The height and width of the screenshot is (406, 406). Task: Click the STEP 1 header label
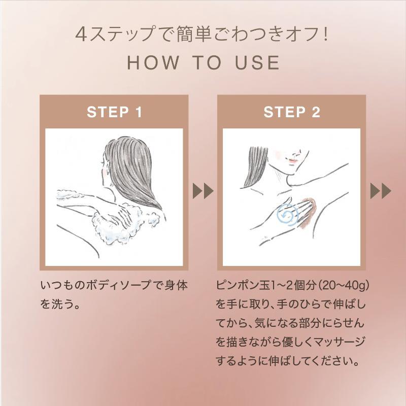115,112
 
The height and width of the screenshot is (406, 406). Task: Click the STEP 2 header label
292,112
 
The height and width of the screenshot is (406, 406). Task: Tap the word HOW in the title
153,62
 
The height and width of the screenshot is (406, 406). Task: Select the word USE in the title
257,62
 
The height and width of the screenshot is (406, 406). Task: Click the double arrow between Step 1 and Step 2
203,191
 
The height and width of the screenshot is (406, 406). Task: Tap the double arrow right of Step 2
381,191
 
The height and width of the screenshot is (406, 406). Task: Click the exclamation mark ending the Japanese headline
325,35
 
